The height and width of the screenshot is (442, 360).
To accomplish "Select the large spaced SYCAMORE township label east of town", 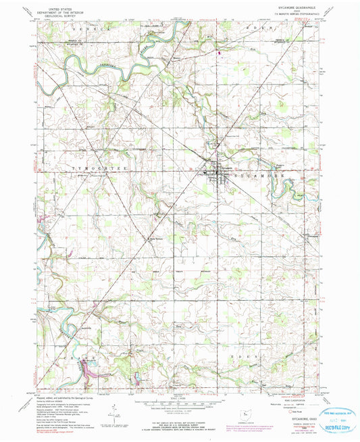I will pos(263,174).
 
